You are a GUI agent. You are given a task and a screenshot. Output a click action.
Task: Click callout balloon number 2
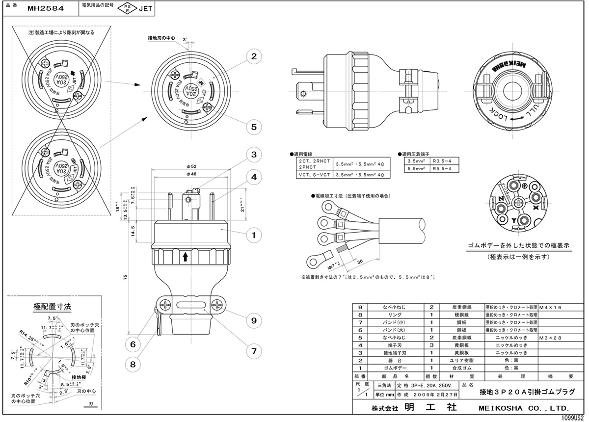point(253,56)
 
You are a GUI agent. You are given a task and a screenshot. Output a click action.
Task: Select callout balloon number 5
point(253,127)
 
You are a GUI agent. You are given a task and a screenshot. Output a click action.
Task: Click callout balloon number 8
point(133,364)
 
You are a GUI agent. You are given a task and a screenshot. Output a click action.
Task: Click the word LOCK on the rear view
point(499,118)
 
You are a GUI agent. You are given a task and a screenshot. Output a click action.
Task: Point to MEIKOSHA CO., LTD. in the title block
point(523,408)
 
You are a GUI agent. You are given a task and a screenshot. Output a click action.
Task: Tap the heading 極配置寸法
point(52,306)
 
